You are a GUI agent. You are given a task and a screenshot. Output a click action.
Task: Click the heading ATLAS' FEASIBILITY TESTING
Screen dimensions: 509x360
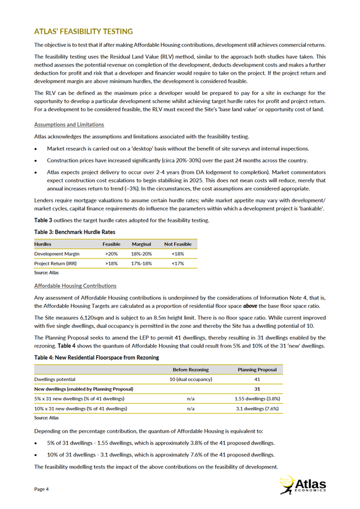click(83, 32)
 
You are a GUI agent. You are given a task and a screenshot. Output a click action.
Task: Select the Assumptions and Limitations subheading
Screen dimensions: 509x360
click(69, 125)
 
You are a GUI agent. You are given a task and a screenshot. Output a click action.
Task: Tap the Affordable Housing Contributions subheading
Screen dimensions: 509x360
click(75, 286)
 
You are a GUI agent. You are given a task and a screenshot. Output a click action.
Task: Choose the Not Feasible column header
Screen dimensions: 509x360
click(178, 244)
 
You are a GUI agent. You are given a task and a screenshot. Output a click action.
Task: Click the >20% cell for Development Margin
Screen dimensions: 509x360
click(112, 254)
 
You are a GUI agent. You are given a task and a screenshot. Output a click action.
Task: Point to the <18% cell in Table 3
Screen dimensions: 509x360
click(178, 254)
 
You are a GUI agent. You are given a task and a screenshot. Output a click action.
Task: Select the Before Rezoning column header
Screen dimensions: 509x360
click(191, 369)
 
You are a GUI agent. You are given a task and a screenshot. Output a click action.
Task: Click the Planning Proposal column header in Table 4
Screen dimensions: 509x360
click(258, 369)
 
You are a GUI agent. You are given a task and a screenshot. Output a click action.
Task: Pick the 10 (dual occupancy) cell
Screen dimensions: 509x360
click(191, 379)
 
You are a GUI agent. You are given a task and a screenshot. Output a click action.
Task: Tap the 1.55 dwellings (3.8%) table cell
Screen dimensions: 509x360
click(258, 399)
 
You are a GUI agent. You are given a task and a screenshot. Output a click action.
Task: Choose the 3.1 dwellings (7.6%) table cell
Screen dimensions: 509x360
click(258, 408)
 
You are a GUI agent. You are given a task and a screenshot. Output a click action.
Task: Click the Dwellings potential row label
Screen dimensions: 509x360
click(55, 379)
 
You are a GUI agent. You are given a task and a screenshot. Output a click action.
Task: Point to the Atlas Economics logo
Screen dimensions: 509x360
click(303, 484)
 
